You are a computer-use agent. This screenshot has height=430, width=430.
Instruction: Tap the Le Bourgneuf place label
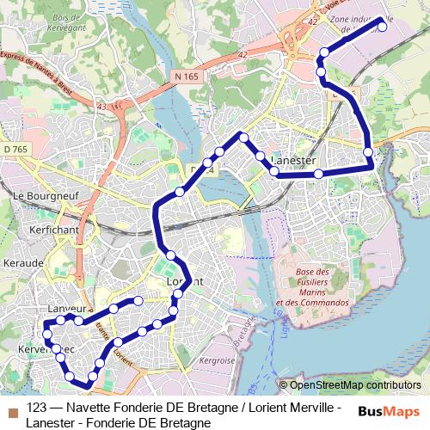tap(41, 196)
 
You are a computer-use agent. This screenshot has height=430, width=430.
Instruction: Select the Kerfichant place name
tap(53, 230)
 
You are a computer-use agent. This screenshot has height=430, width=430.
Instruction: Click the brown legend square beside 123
tap(12, 408)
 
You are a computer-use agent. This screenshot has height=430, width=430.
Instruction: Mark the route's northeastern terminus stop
tap(382, 27)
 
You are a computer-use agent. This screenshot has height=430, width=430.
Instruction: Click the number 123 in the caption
tap(37, 408)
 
